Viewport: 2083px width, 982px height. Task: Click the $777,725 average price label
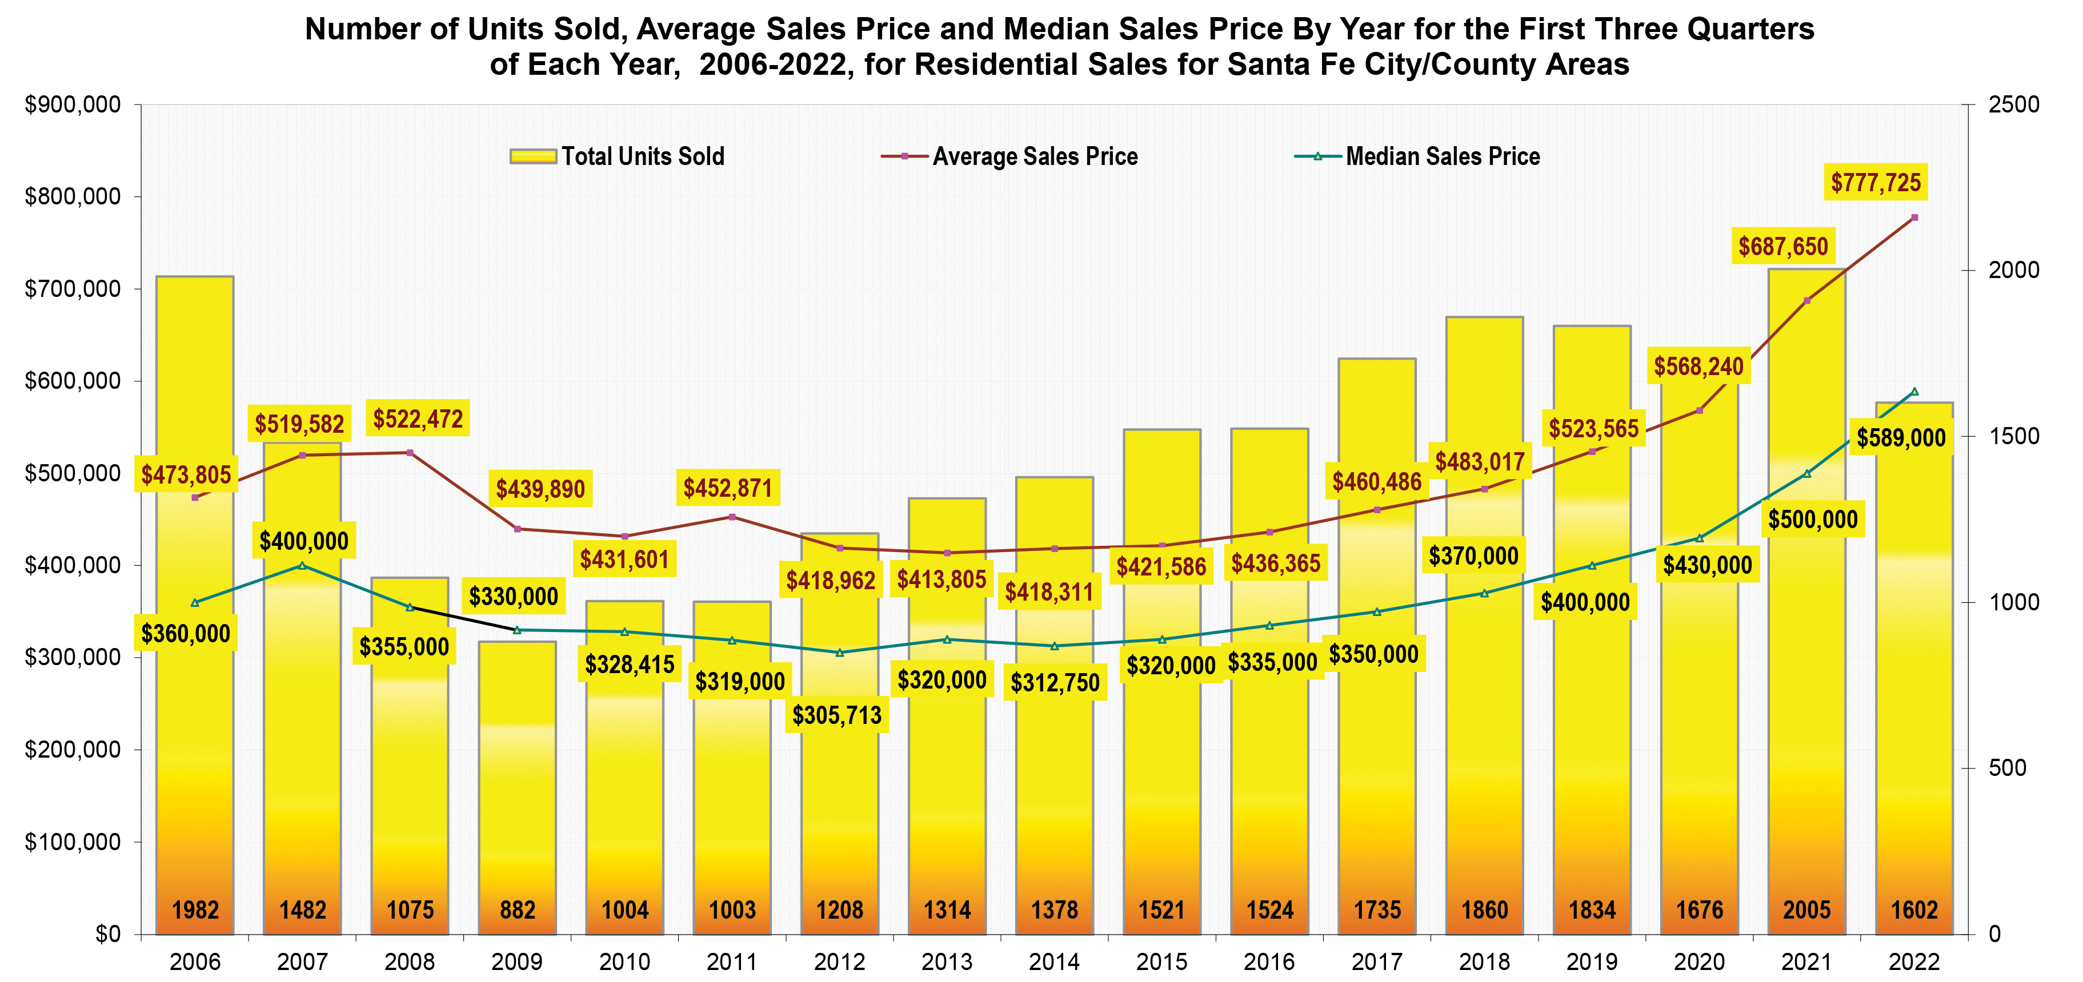click(x=1875, y=183)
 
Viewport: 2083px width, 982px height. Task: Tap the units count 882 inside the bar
click(x=518, y=910)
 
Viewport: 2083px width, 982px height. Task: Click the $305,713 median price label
click(x=837, y=715)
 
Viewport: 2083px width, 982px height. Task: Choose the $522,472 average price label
click(x=418, y=418)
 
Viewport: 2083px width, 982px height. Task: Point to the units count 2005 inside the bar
click(x=1806, y=910)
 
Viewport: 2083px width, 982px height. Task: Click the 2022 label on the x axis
click(x=1914, y=962)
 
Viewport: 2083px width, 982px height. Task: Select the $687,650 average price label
click(x=1783, y=247)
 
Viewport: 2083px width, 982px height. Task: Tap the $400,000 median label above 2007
click(x=304, y=541)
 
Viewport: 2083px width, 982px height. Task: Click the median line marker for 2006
click(x=195, y=602)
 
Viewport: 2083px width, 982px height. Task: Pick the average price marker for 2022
click(x=1914, y=218)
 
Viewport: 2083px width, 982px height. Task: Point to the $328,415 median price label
click(x=630, y=665)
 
